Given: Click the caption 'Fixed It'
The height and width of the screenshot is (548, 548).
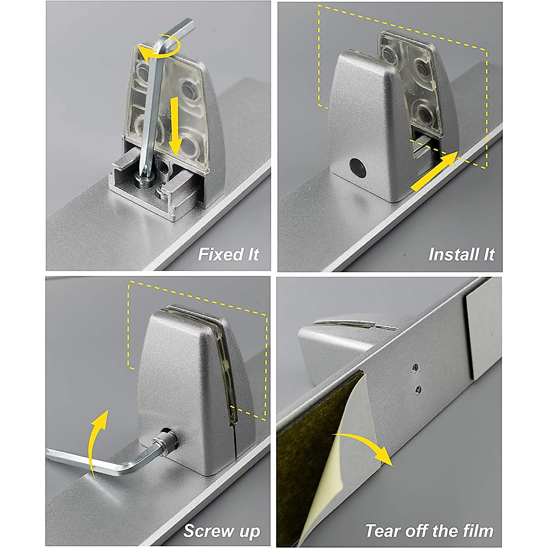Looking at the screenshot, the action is pos(228,254).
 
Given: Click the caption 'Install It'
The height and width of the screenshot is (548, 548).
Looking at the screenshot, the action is pos(462,254).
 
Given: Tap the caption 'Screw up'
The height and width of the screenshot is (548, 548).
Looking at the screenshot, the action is pos(222,523).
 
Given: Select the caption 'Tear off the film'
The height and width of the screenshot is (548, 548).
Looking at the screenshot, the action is pos(429,523).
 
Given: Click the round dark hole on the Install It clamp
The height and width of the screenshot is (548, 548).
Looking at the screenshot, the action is pos(358,168).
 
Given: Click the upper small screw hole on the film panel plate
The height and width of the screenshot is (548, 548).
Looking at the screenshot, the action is pos(416,368).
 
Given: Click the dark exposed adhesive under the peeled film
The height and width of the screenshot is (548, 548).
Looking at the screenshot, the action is pos(307,443).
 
